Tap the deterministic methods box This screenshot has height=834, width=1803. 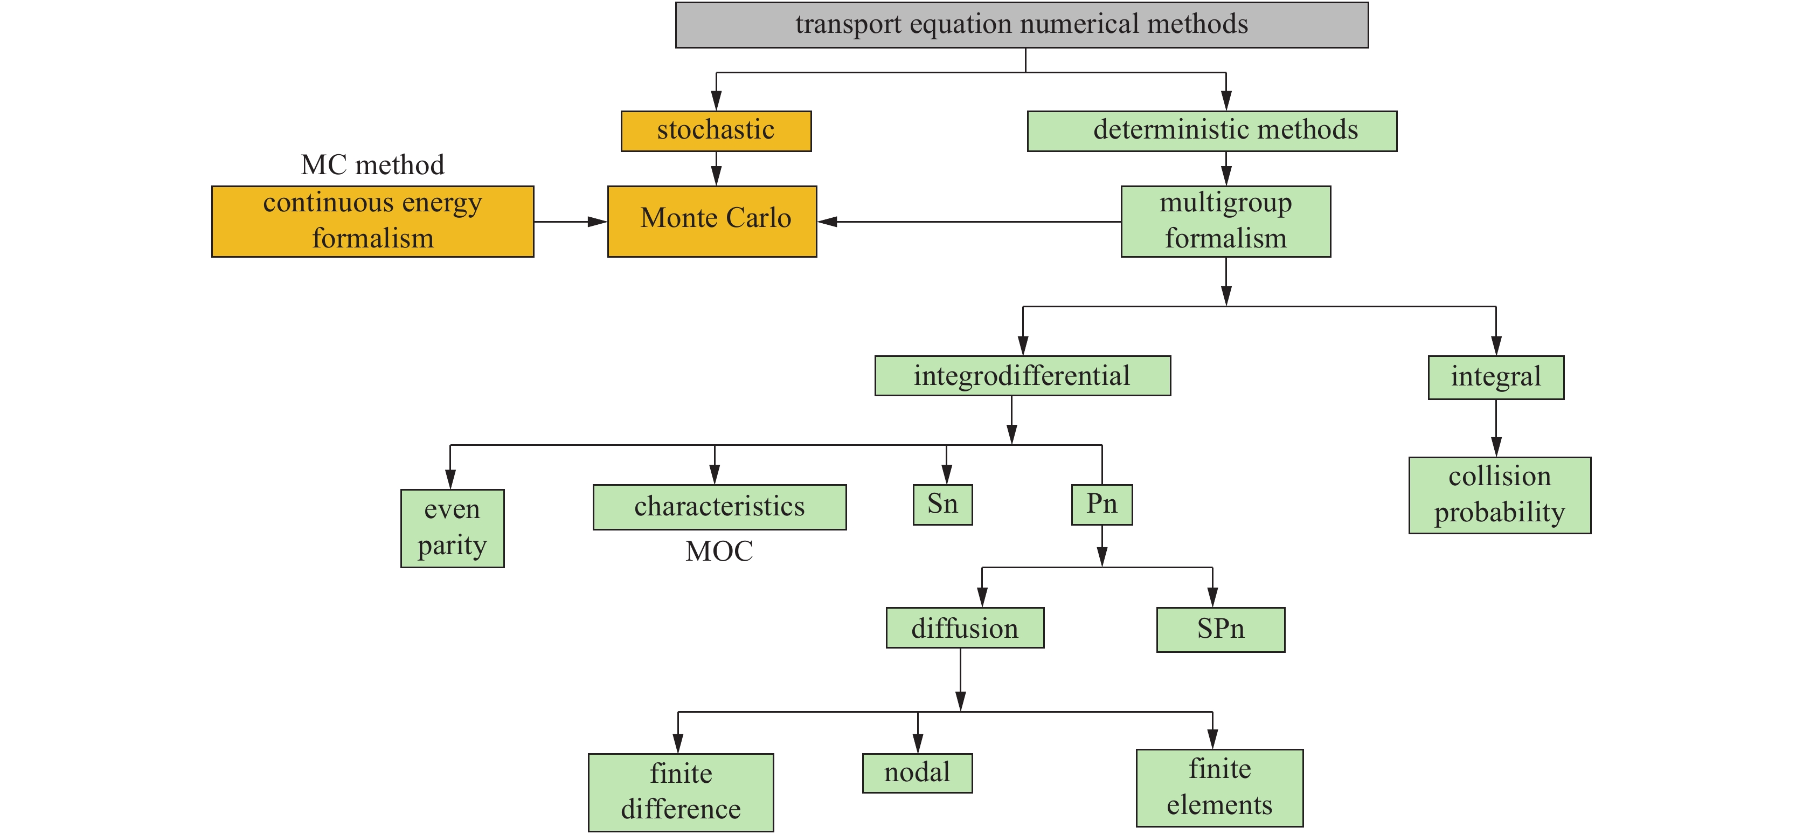(x=1211, y=131)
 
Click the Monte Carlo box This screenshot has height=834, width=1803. (x=712, y=221)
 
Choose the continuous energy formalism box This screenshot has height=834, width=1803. (x=372, y=221)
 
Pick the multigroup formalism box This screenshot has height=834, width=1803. (x=1225, y=221)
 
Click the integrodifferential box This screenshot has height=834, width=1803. (x=1022, y=376)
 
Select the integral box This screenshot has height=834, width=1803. (x=1496, y=377)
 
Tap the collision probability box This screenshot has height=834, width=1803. (x=1499, y=495)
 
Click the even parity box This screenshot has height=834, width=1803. (x=452, y=528)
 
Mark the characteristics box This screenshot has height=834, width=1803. (x=719, y=507)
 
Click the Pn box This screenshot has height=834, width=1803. (x=1101, y=504)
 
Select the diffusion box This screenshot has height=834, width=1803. (x=965, y=628)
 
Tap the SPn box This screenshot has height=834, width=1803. (x=1220, y=630)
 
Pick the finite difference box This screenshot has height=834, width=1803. (x=681, y=792)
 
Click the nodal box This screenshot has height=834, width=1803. (x=917, y=773)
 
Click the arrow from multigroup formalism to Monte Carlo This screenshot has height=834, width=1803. (x=969, y=221)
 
